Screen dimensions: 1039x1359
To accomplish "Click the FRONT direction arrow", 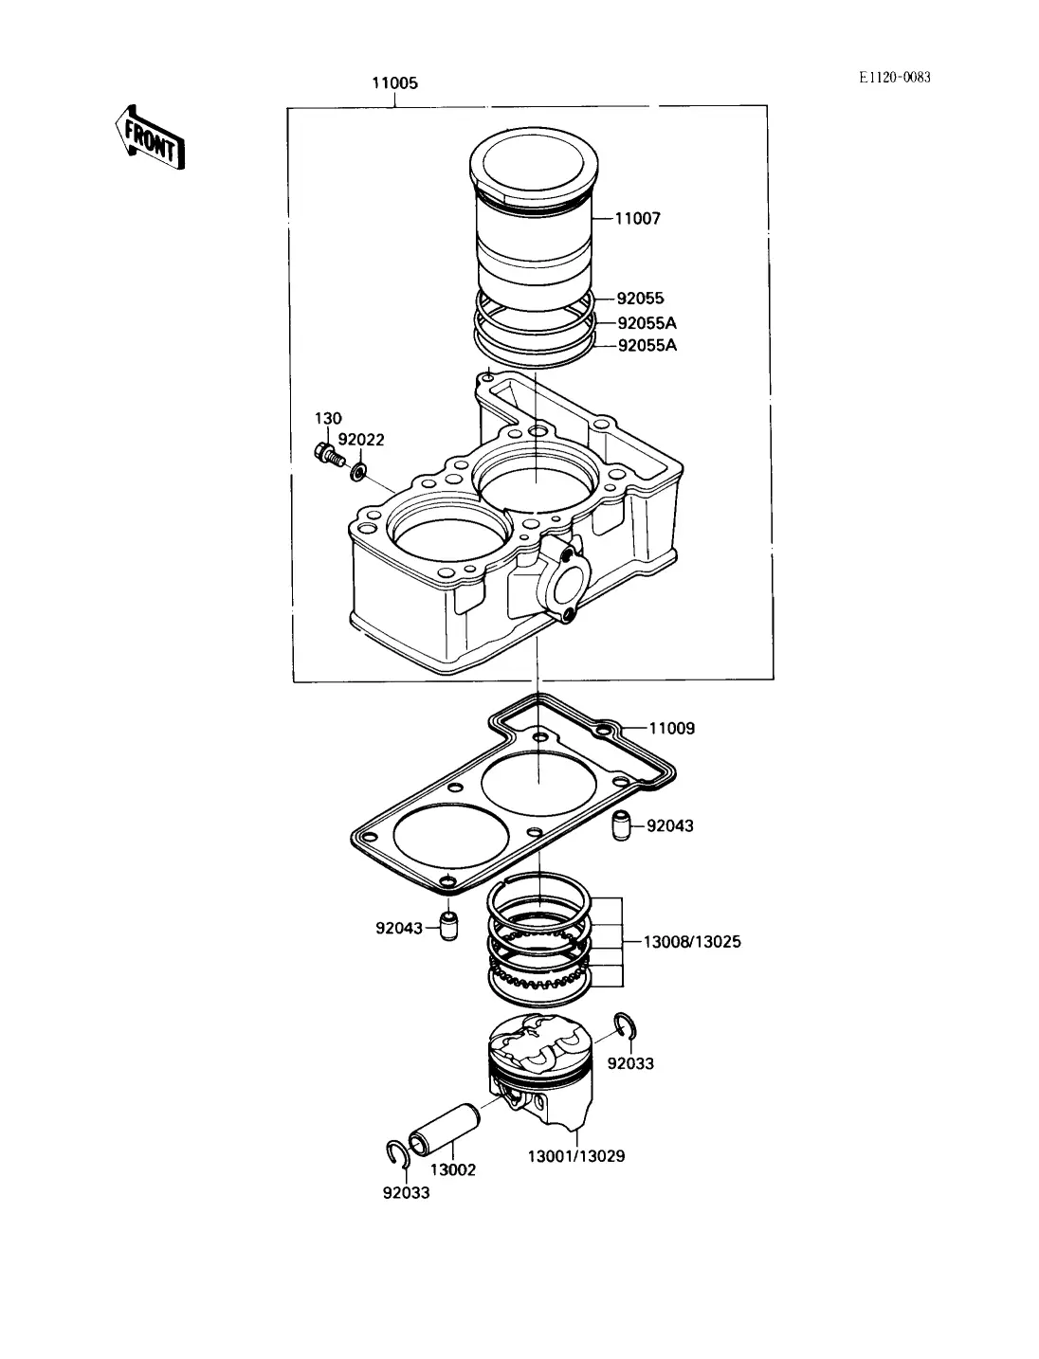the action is pyautogui.click(x=150, y=137).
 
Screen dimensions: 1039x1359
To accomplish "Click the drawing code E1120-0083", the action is pyautogui.click(x=894, y=78).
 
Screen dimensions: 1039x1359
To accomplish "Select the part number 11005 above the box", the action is pyautogui.click(x=394, y=83).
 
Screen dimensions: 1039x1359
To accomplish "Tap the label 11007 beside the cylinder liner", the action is pyautogui.click(x=637, y=219).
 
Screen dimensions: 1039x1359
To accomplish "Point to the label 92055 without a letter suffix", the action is pyautogui.click(x=640, y=299).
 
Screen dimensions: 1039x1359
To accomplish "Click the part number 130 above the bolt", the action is pyautogui.click(x=328, y=419).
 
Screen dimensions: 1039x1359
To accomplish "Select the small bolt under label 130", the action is pyautogui.click(x=328, y=455).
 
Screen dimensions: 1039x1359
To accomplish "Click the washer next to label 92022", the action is pyautogui.click(x=358, y=472).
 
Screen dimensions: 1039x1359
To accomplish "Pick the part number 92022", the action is pyautogui.click(x=361, y=440).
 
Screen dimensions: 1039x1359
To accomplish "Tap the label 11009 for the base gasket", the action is pyautogui.click(x=672, y=728).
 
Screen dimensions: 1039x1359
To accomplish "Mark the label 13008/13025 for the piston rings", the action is pyautogui.click(x=692, y=942).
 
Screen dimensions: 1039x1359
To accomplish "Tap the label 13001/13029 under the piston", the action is pyautogui.click(x=575, y=1156).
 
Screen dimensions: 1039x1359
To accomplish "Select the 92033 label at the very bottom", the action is pyautogui.click(x=406, y=1192).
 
